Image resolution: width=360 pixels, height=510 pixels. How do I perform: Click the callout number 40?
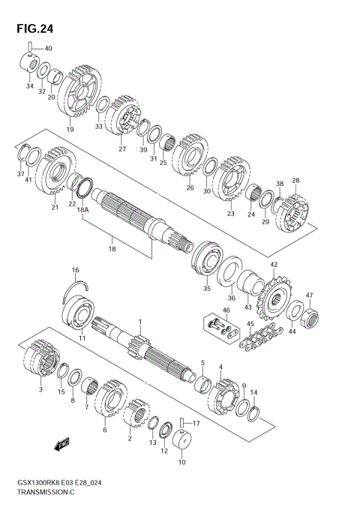tap(48, 49)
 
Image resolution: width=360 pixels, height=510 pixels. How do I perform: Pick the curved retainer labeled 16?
tap(78, 285)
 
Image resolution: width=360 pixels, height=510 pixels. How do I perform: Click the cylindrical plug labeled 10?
tap(182, 445)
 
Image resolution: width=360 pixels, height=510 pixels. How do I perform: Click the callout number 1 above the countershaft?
tap(139, 321)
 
